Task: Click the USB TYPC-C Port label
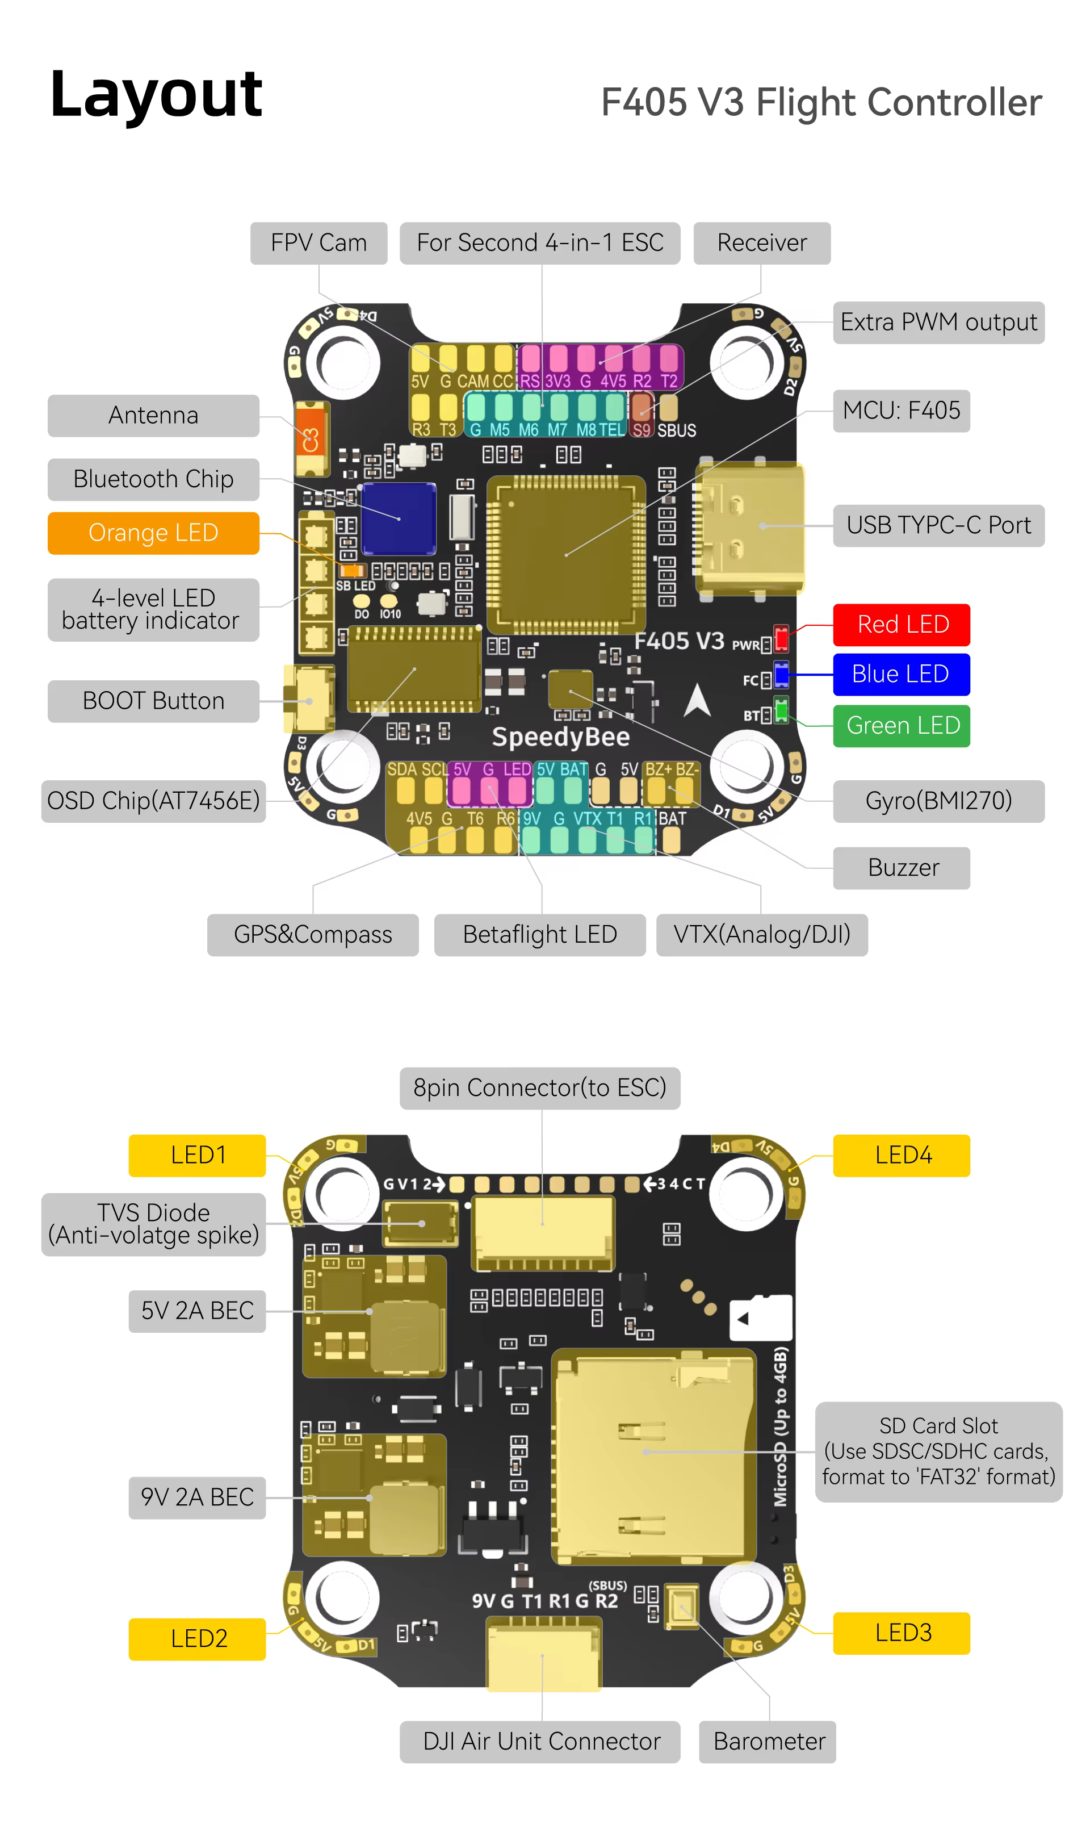click(938, 525)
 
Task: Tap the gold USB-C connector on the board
click(749, 527)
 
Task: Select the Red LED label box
click(901, 625)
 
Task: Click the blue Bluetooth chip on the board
click(399, 518)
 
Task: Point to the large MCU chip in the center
click(565, 555)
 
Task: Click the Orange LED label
click(153, 533)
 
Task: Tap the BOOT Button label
click(153, 701)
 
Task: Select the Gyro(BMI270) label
click(938, 801)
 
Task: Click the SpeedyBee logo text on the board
click(560, 737)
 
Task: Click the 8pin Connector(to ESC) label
click(540, 1088)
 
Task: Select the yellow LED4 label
click(901, 1156)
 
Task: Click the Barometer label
click(768, 1741)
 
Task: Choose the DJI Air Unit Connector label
click(540, 1741)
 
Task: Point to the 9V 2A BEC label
click(197, 1497)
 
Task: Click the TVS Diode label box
click(153, 1224)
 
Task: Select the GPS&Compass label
click(312, 934)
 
